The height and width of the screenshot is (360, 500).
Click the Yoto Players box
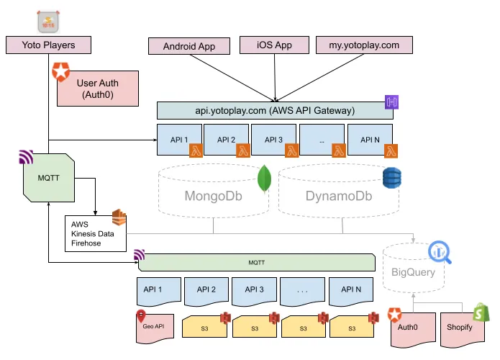50,45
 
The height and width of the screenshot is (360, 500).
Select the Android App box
189,46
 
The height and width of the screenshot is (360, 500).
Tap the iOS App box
273,45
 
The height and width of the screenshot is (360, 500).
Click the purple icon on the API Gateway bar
392,102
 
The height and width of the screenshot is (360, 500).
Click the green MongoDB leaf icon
263,179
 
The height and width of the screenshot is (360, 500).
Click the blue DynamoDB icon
391,178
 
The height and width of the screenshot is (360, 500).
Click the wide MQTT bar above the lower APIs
256,263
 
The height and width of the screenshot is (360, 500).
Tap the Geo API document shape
155,327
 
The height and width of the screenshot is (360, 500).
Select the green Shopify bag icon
480,312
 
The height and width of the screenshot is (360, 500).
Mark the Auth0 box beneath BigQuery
411,328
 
